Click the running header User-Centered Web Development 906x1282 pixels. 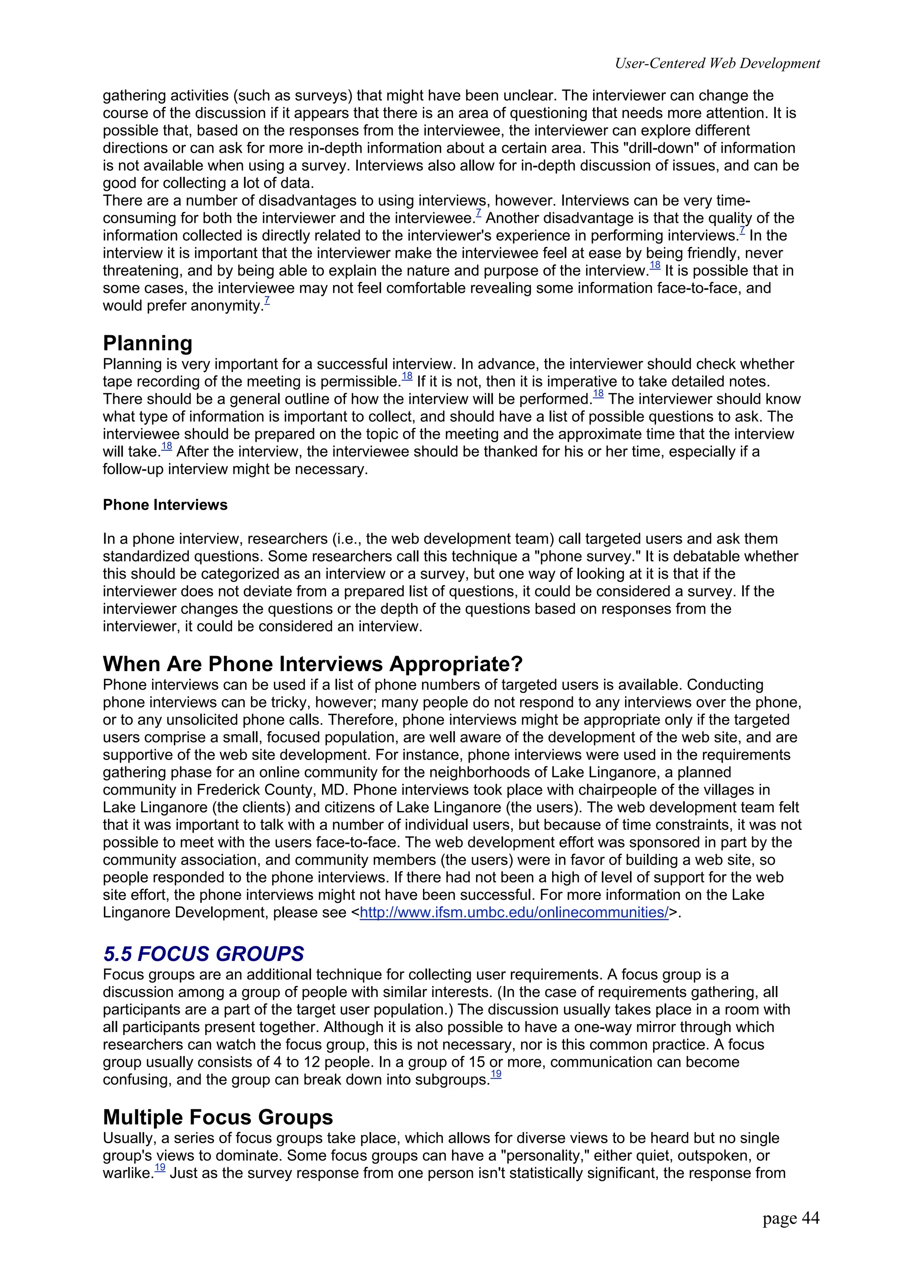click(x=717, y=64)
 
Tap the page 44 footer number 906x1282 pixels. click(x=791, y=1218)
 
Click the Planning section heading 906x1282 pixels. click(x=147, y=343)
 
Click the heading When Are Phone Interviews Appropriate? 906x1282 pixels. click(x=313, y=664)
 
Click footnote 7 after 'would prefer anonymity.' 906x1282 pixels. click(x=267, y=301)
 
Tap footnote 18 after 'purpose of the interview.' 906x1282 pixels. click(x=655, y=266)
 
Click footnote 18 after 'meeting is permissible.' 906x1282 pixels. click(x=407, y=377)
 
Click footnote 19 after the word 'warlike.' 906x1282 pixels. click(x=160, y=1167)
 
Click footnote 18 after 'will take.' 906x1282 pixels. click(x=166, y=447)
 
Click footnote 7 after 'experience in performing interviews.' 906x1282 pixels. click(x=742, y=230)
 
